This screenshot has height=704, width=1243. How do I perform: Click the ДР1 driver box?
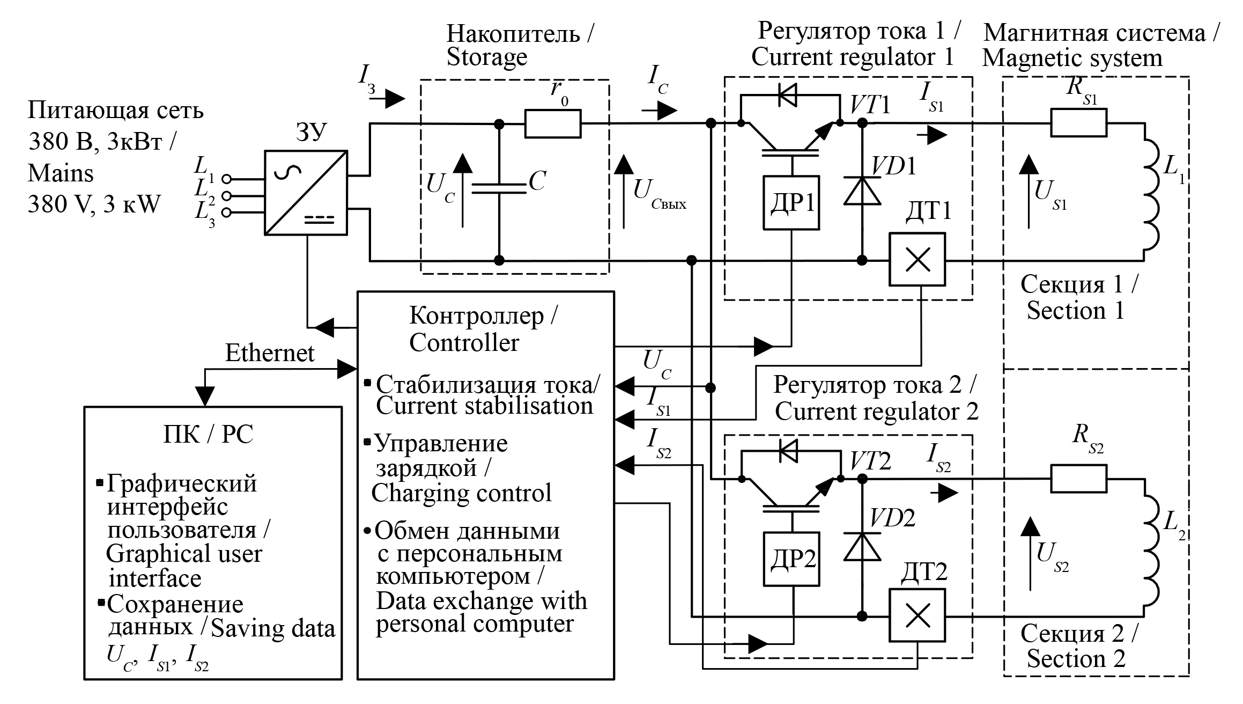pyautogui.click(x=791, y=203)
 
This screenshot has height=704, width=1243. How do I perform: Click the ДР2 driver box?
pyautogui.click(x=791, y=559)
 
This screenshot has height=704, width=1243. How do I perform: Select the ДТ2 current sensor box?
pyautogui.click(x=917, y=615)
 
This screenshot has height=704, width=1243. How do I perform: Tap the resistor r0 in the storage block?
pyautogui.click(x=553, y=123)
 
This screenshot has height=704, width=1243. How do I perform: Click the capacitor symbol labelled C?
pyautogui.click(x=499, y=188)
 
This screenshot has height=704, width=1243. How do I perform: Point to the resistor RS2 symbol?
pyautogui.click(x=1078, y=479)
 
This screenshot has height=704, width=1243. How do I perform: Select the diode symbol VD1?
pyautogui.click(x=862, y=190)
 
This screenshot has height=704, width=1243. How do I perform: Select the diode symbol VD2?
pyautogui.click(x=862, y=546)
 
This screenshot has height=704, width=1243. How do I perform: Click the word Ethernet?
pyautogui.click(x=270, y=353)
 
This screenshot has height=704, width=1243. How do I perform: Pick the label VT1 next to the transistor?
pyautogui.click(x=870, y=106)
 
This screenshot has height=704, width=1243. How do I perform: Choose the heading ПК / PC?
pyautogui.click(x=208, y=434)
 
